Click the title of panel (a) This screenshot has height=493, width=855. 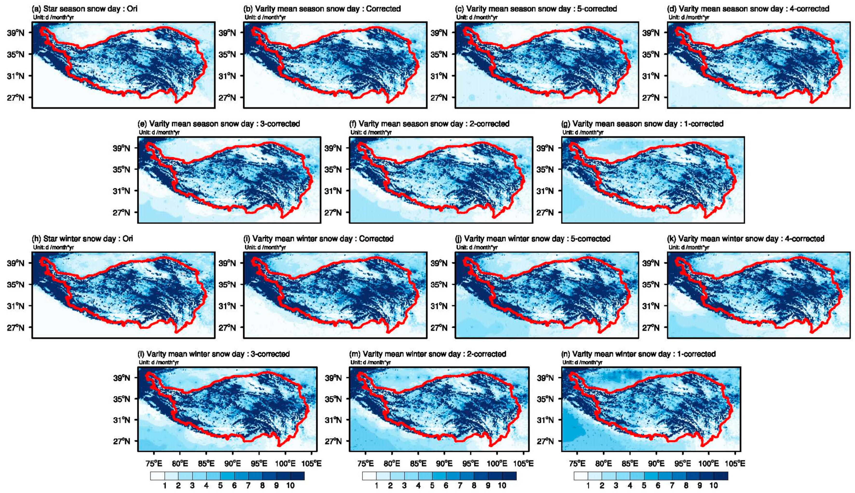(85, 9)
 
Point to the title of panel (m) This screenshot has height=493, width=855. (428, 354)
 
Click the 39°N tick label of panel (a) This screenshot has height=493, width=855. (16, 33)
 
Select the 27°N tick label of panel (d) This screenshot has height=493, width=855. (651, 98)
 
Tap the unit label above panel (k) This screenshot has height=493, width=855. (689, 247)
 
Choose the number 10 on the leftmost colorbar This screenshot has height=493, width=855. (290, 486)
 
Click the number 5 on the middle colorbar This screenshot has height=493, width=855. (432, 486)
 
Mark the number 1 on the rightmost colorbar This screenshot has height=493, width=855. (588, 486)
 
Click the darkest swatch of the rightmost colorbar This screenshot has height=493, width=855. (721, 476)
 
